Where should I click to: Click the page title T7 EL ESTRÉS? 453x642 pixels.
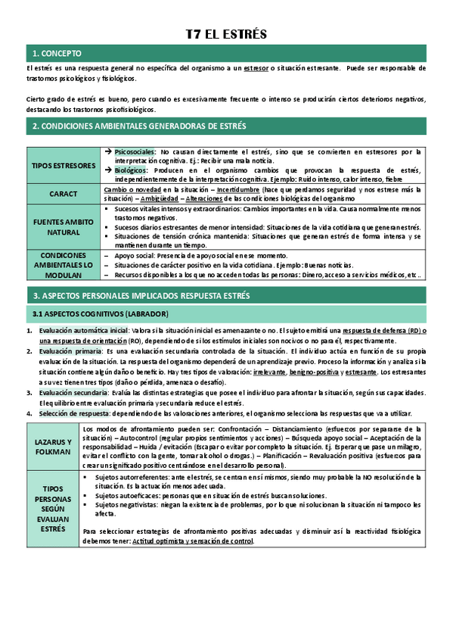coord(226,35)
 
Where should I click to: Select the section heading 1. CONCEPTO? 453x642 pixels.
coord(57,54)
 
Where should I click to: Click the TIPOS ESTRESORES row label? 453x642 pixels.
coord(64,165)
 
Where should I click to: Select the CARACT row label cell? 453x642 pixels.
coord(64,193)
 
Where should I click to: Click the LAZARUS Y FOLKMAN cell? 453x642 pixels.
coord(53,447)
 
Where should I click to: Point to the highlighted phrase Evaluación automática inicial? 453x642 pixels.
coord(83,331)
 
